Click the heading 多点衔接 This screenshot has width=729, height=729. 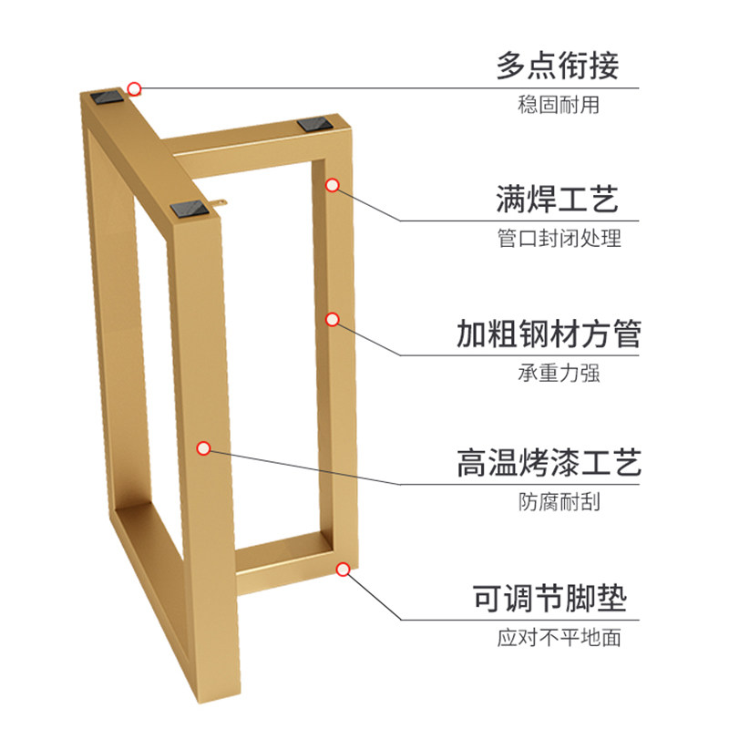(x=557, y=67)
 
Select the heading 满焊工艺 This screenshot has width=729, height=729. (x=557, y=198)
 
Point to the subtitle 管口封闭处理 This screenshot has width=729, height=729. (x=559, y=240)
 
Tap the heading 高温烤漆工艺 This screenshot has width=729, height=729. (x=549, y=462)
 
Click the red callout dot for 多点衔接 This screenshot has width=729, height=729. (x=134, y=88)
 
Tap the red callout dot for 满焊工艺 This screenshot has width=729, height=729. (x=333, y=186)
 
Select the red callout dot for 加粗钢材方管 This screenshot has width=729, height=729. (x=333, y=319)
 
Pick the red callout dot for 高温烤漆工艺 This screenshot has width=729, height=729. (x=204, y=448)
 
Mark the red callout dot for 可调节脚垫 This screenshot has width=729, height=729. (x=343, y=570)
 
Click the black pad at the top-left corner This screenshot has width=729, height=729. (x=108, y=95)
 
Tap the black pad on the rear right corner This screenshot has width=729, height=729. (x=312, y=124)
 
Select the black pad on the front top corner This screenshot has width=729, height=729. (x=190, y=209)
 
